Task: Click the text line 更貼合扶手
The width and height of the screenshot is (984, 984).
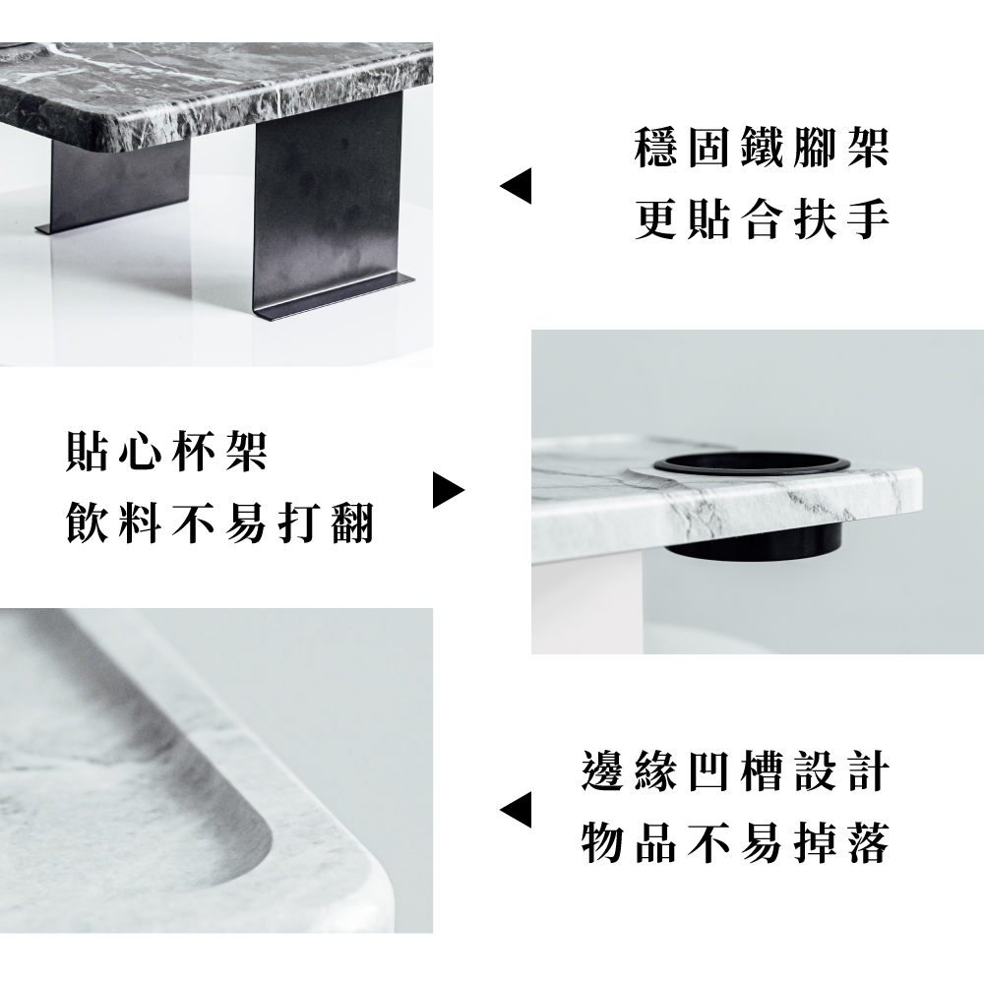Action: pyautogui.click(x=762, y=221)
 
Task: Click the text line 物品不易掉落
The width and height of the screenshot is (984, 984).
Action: pyautogui.click(x=735, y=842)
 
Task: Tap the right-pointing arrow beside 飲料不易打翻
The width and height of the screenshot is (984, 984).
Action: pyautogui.click(x=448, y=490)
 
